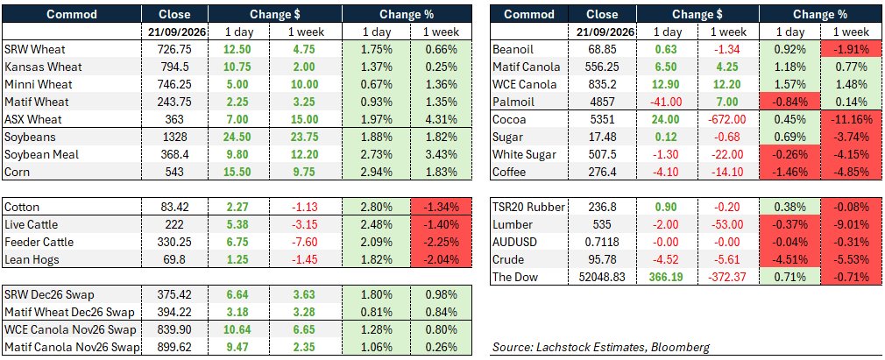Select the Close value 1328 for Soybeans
[x=174, y=138]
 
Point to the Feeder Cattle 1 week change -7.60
[x=306, y=242]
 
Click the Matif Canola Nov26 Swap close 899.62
[x=174, y=347]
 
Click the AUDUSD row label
[x=513, y=242]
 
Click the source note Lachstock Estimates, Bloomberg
[x=600, y=348]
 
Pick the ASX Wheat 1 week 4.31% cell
[x=440, y=120]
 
